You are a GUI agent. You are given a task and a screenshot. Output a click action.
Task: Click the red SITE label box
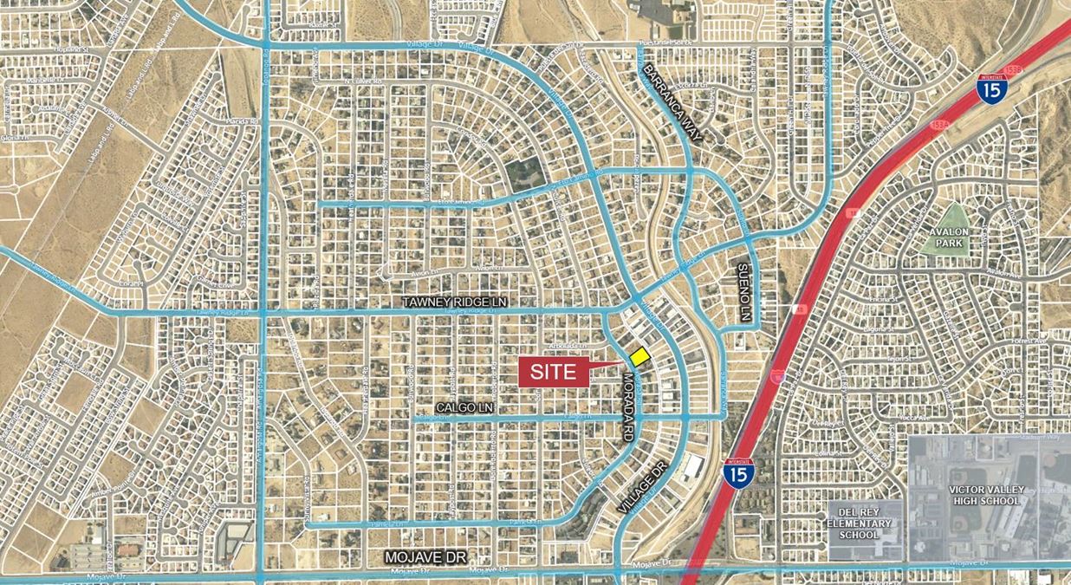pos(553,371)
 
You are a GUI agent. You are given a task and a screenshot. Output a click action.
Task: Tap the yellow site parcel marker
pos(639,356)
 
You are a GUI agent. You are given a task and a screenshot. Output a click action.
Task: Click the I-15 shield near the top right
pos(991,89)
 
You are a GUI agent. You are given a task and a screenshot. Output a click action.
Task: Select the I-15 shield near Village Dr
pos(739,472)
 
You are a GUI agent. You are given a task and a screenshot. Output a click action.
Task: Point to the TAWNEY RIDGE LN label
pos(455,301)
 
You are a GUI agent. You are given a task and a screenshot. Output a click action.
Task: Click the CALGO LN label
pos(464,406)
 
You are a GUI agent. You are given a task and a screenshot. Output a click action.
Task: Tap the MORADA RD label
pos(626,406)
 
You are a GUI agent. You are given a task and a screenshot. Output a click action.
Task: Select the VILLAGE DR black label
pos(641,486)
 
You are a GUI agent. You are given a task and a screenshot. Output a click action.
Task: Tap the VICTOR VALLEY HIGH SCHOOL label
pos(987,495)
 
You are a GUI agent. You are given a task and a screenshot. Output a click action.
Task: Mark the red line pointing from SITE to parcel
pos(607,367)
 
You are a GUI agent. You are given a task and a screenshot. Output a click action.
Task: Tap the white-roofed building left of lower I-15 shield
pos(692,468)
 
